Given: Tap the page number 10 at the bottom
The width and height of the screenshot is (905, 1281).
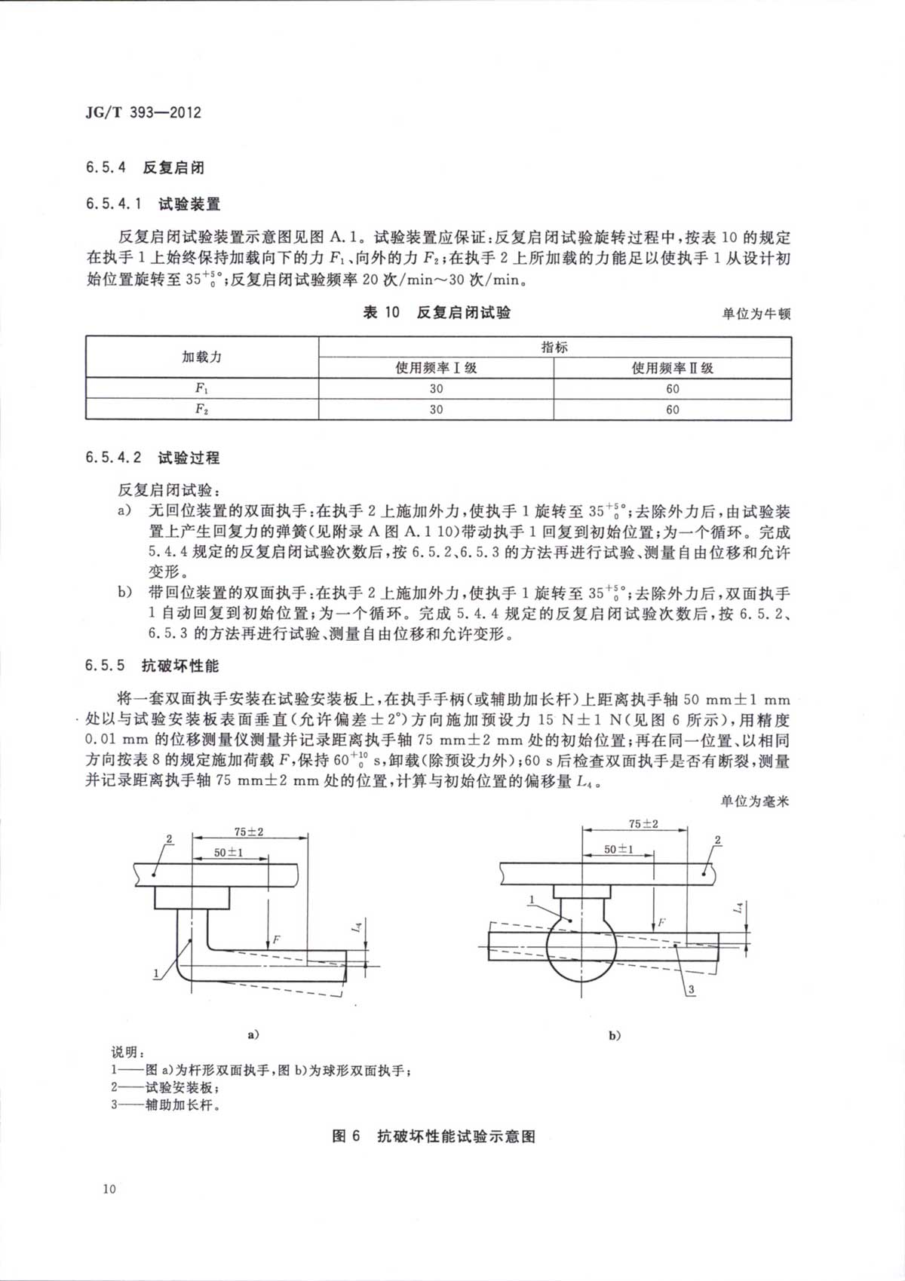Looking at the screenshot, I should point(109,1189).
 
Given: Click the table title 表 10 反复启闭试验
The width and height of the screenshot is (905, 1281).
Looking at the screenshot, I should point(437,312).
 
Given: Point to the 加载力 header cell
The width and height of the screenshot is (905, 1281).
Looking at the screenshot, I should point(201,357).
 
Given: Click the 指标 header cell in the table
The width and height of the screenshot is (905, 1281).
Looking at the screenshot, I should point(554,347).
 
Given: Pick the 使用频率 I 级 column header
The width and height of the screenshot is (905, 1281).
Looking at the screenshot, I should point(436,368).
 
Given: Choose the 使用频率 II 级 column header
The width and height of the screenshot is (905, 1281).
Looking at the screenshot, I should point(672,368).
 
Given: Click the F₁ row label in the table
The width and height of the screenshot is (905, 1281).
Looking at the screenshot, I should point(201,388).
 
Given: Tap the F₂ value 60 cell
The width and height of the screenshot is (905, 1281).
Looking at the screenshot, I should point(672,409).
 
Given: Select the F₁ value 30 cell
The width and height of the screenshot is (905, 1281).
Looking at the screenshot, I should point(436,389).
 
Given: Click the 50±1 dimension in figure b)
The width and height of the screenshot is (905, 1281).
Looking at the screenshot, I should point(618,849).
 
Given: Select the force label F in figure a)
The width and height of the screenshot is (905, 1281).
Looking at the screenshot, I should point(277,939).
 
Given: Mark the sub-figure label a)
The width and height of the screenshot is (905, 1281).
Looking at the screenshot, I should point(253,1034).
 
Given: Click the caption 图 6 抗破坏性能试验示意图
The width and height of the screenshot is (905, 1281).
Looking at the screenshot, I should point(434,1136).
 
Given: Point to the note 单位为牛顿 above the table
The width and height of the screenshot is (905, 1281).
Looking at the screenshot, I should point(756,314).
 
